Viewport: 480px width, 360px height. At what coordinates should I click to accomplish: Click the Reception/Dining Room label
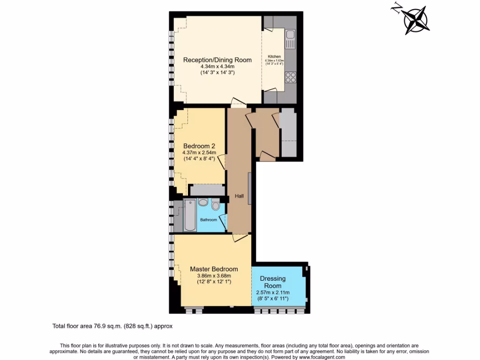pyautogui.click(x=217, y=60)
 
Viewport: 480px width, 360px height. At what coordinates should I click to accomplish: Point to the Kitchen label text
pyautogui.click(x=274, y=57)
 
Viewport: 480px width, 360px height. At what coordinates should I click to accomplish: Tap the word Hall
pyautogui.click(x=239, y=196)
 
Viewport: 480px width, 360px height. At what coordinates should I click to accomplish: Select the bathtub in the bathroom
pyautogui.click(x=190, y=215)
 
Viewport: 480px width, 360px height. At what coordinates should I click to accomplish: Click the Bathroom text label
pyautogui.click(x=209, y=220)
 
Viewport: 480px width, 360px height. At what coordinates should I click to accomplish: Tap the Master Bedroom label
pyautogui.click(x=214, y=269)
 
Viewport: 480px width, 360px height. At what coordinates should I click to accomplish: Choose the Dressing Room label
pyautogui.click(x=272, y=282)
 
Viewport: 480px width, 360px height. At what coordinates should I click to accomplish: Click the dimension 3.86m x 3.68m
pyautogui.click(x=214, y=276)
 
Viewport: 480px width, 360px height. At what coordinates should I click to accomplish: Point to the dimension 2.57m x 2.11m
pyautogui.click(x=272, y=292)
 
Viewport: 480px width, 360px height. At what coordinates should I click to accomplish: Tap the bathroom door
pyautogui.click(x=223, y=224)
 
